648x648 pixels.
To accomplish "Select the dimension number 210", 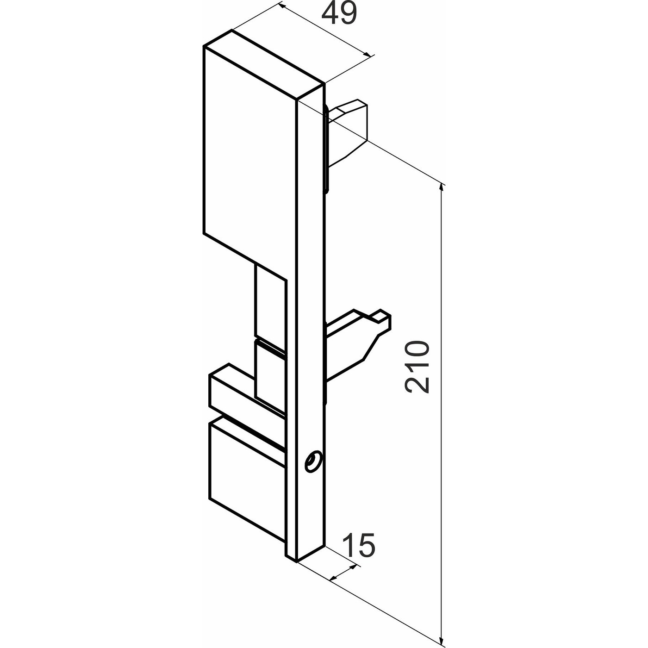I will pos(417,367).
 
